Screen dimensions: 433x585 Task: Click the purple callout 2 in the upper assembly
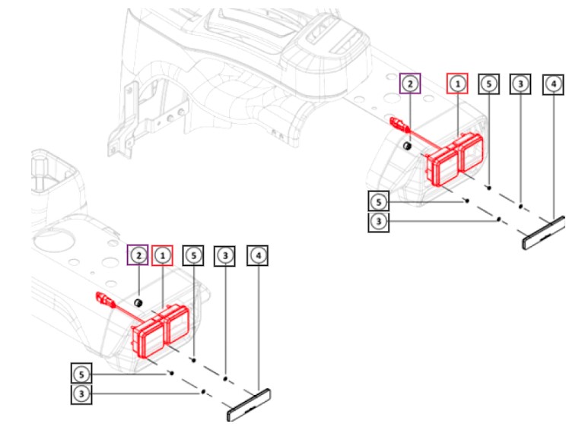[410, 84]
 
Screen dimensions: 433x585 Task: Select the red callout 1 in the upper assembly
[457, 84]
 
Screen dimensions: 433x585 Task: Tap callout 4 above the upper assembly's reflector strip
[552, 84]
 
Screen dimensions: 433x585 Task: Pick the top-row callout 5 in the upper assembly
[488, 84]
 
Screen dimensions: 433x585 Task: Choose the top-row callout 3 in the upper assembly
[520, 84]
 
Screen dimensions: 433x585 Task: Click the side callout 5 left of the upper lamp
[378, 201]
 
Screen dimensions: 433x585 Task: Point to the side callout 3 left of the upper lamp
[378, 221]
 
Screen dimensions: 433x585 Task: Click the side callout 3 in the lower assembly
[81, 393]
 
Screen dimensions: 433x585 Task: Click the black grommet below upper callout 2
[409, 144]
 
